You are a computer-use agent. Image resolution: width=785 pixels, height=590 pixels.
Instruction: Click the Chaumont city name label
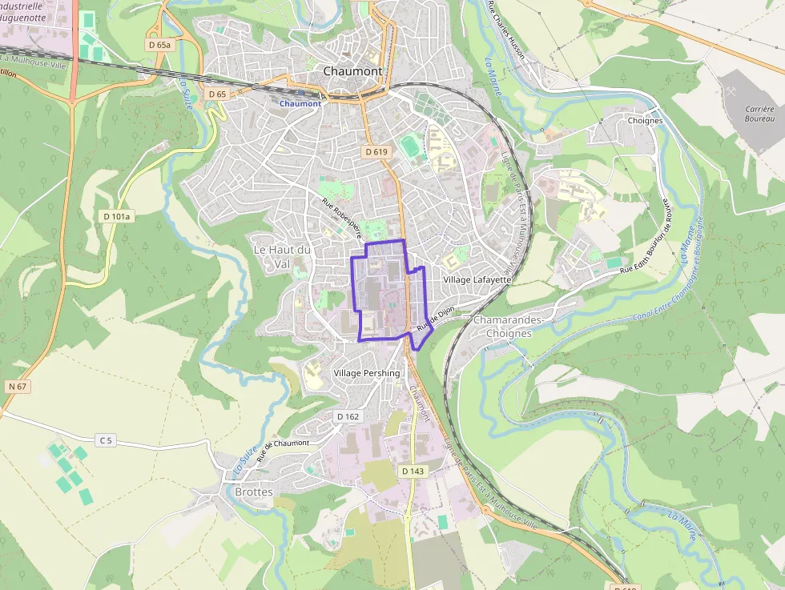click(352, 71)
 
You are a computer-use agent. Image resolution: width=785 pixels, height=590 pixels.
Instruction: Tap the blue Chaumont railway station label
click(300, 103)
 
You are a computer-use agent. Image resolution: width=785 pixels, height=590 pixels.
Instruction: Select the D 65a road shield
click(160, 46)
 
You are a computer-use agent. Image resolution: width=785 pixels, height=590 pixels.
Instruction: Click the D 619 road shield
click(376, 151)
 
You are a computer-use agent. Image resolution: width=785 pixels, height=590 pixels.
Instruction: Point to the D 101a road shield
click(116, 216)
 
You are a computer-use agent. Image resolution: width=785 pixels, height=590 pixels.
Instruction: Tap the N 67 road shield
click(17, 387)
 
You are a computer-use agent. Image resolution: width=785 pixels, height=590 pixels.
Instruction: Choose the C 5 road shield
click(107, 439)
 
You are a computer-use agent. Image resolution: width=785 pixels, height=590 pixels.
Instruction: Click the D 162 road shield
click(348, 416)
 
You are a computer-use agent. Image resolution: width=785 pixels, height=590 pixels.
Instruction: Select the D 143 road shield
click(413, 471)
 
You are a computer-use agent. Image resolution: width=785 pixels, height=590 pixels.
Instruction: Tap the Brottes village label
click(254, 492)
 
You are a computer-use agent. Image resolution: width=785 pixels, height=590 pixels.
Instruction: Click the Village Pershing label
click(367, 373)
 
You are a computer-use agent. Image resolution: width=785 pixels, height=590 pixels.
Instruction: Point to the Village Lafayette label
click(477, 280)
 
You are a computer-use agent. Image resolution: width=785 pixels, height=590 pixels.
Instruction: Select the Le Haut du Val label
click(282, 256)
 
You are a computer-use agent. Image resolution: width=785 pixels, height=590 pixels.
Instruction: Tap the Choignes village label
click(645, 121)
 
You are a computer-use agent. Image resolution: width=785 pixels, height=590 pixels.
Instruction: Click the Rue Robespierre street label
click(342, 219)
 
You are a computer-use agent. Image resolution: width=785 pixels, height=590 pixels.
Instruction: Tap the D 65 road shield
click(217, 94)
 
